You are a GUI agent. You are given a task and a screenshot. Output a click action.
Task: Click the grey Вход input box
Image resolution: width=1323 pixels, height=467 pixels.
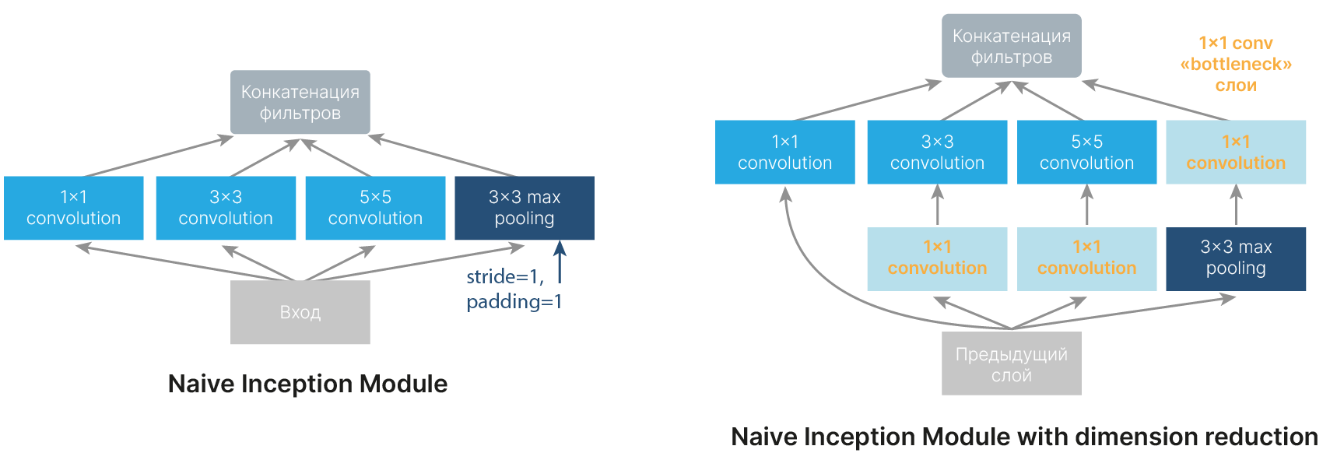[x=300, y=312]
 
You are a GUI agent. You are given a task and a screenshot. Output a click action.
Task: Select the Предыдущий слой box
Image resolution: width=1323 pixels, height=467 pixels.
[x=1011, y=364]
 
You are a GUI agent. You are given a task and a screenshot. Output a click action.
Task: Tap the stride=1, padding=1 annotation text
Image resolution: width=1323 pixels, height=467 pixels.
[x=513, y=289]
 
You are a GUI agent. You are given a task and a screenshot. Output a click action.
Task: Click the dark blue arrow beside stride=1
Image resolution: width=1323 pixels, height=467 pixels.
[x=560, y=262]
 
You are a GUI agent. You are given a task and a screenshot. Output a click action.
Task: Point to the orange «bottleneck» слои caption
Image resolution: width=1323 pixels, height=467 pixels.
[x=1236, y=64]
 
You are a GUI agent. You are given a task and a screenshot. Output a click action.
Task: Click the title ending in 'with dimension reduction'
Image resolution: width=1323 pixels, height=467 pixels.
[x=1024, y=437]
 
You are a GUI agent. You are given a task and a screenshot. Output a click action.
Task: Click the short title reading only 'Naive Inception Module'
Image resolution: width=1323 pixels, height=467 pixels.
[x=307, y=384]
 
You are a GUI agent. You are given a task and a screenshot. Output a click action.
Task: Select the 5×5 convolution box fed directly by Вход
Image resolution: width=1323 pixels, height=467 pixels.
[x=375, y=208]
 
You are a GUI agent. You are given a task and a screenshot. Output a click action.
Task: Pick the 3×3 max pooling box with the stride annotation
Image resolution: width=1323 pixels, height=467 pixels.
[x=524, y=208]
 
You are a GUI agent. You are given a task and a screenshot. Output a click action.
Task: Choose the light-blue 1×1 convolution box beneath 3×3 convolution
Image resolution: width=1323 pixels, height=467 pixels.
[x=937, y=258]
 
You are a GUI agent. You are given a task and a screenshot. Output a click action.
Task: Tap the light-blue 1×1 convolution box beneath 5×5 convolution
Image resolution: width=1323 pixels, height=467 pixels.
[x=1086, y=258]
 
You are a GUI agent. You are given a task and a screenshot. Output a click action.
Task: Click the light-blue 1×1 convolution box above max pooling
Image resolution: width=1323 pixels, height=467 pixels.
[x=1236, y=152]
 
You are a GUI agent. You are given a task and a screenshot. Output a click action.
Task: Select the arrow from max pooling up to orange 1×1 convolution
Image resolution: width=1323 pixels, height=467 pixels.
[x=1237, y=205]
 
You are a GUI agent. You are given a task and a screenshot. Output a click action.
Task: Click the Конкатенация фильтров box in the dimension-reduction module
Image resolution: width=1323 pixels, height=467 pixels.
[x=1011, y=46]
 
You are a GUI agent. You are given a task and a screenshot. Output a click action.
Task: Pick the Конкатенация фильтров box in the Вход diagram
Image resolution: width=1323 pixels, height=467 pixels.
[x=300, y=102]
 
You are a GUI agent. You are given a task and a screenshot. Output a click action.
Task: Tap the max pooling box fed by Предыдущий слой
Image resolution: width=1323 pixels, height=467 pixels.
[x=1236, y=258]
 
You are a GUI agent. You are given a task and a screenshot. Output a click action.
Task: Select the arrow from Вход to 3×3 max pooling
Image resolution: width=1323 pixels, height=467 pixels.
[x=412, y=263]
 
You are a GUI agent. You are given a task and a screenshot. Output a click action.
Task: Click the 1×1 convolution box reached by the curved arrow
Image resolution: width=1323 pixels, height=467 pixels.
[x=784, y=152]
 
